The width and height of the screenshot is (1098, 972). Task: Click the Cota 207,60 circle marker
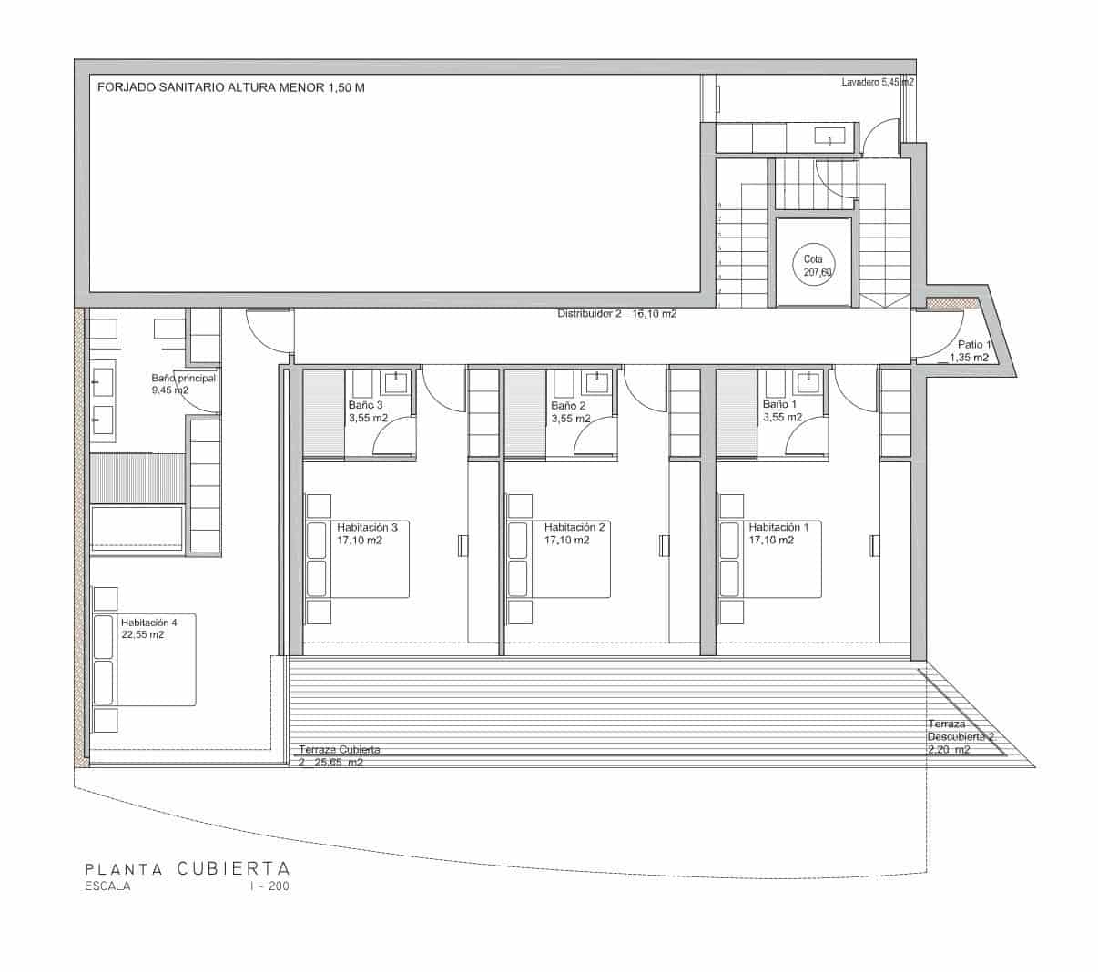(x=813, y=265)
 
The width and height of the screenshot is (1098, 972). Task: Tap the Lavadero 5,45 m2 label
(x=878, y=82)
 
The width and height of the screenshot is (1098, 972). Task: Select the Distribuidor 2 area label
(x=616, y=314)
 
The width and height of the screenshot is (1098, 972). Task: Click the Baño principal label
(x=183, y=383)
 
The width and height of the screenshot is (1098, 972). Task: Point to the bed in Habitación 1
(x=770, y=559)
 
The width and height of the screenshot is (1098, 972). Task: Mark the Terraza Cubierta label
(x=339, y=756)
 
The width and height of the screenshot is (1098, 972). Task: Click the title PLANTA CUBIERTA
(x=187, y=868)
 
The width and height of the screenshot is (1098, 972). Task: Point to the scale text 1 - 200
(x=269, y=886)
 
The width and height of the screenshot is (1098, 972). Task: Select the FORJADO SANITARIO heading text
(x=231, y=88)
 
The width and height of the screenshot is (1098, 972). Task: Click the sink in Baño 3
(x=397, y=380)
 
